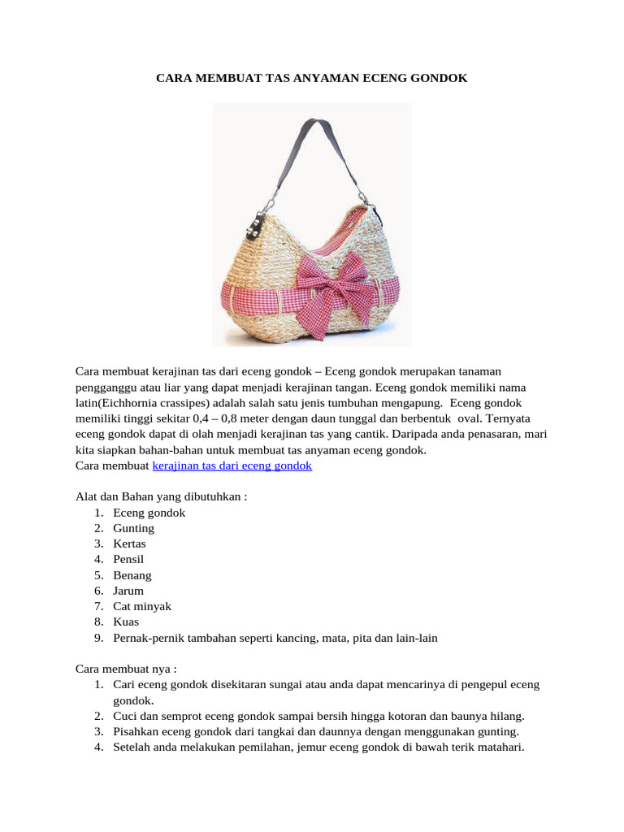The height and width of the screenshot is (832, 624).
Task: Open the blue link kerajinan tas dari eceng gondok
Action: coord(232,466)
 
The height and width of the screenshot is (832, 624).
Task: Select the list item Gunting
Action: coord(134,528)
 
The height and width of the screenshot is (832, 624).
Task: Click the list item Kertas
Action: coord(130,544)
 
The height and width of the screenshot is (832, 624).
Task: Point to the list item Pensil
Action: coord(129,559)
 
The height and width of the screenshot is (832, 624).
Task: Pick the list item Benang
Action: coord(132,575)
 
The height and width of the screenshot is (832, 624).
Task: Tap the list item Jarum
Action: coord(128,591)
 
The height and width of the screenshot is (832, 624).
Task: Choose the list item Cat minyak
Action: coord(142,606)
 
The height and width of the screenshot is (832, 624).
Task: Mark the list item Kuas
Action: coord(126,622)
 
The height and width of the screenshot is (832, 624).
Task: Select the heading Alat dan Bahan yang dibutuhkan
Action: coord(161,497)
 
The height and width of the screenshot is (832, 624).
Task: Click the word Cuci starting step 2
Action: coord(125,716)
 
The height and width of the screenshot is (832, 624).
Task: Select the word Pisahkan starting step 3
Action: coord(136,731)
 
